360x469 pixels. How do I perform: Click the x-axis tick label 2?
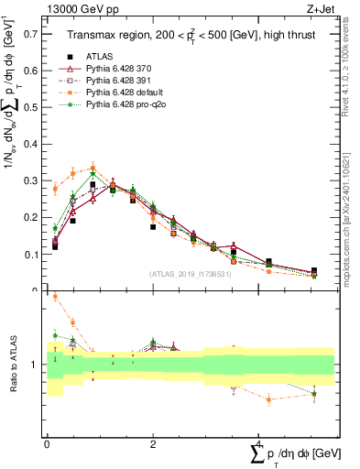click(x=153, y=444)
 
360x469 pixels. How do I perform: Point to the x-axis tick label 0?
click(x=47, y=444)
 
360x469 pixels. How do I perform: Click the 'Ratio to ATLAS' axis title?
click(x=11, y=364)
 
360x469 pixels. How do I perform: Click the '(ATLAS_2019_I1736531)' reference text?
click(x=191, y=274)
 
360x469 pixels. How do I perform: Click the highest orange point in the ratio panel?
click(x=55, y=297)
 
